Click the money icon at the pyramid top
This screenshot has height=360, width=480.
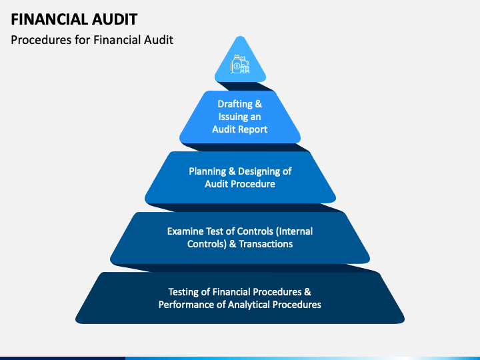click(240, 65)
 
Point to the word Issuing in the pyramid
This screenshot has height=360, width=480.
click(233, 117)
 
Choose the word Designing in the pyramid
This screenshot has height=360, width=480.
click(255, 171)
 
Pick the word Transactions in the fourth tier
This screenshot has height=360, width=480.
click(265, 244)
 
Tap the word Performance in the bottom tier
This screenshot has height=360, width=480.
click(187, 305)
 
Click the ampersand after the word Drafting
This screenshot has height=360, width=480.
click(259, 104)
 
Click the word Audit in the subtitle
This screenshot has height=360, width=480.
click(159, 40)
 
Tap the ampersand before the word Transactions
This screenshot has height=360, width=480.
click(233, 244)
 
